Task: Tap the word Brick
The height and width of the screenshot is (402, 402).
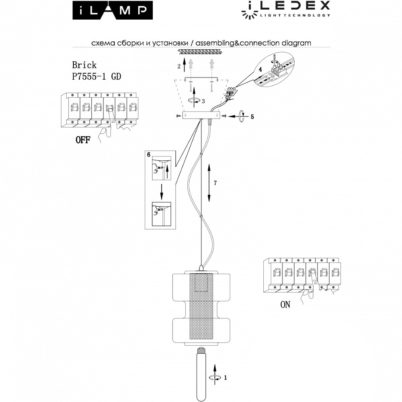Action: (84, 65)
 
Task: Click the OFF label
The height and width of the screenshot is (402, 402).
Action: (82, 140)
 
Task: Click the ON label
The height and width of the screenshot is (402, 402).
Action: (285, 305)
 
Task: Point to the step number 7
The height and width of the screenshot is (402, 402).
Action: (215, 183)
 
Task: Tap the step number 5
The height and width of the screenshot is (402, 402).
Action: (252, 117)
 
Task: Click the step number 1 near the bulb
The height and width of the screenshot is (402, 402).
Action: (226, 377)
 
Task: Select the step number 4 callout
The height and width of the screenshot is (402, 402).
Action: (260, 70)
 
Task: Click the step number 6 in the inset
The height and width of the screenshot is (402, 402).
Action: (149, 154)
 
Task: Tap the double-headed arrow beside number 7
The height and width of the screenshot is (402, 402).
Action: (209, 183)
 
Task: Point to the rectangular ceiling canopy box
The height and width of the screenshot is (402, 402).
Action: (200, 115)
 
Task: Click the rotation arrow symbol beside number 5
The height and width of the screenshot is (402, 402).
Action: (242, 116)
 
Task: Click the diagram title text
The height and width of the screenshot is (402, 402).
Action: (201, 43)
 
